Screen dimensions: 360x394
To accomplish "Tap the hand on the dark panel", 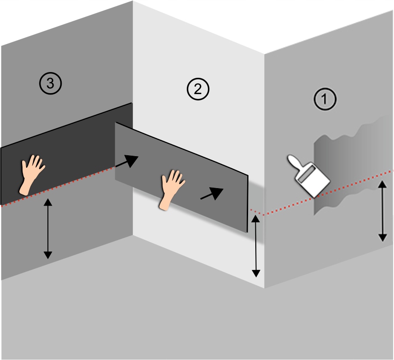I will coord(33,174).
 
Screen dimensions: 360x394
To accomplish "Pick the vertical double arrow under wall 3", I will coord(48,229).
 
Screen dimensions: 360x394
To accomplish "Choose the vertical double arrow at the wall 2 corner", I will coord(256,246).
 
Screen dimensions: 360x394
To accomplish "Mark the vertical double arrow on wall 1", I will coord(382,210).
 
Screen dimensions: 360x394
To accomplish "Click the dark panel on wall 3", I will coord(68,148).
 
